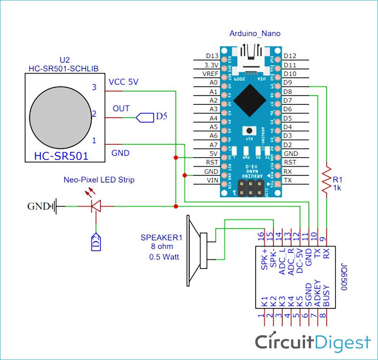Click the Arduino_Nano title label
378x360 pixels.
click(255, 33)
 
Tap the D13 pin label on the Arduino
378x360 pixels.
click(212, 56)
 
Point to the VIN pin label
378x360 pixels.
click(212, 180)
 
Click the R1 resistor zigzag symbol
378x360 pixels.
click(327, 180)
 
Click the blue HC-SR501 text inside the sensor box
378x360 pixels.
click(61, 156)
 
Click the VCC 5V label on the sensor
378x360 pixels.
click(123, 82)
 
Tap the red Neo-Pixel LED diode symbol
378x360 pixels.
click(96, 206)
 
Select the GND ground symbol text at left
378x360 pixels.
click(38, 207)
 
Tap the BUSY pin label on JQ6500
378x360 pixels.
click(326, 296)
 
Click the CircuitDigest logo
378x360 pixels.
click(312, 341)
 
